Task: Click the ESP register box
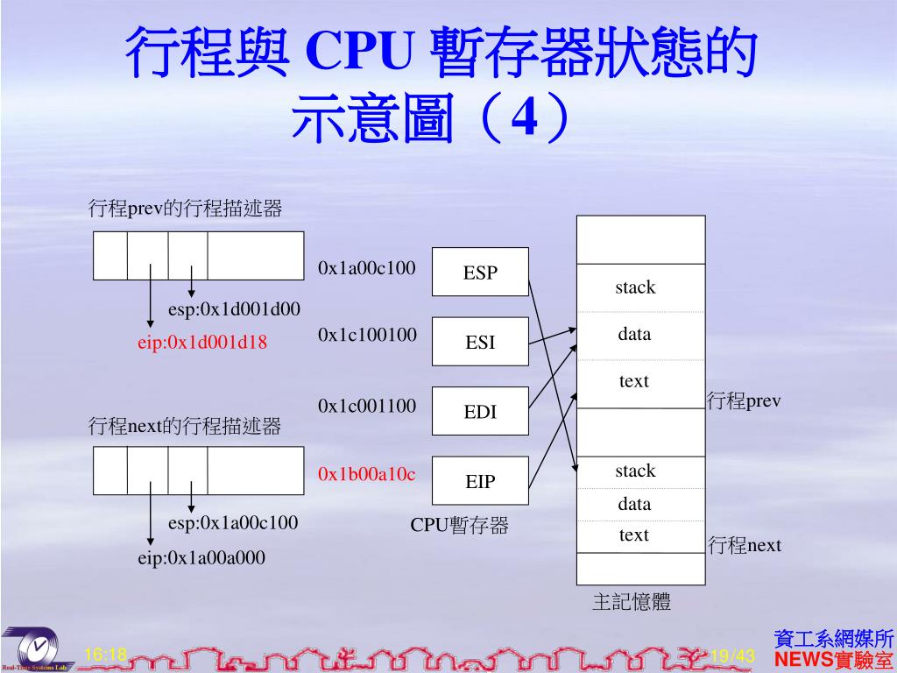click(x=480, y=273)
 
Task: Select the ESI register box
click(x=480, y=342)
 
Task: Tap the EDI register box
click(x=480, y=411)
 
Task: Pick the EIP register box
click(x=480, y=481)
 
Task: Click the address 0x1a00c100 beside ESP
click(x=367, y=267)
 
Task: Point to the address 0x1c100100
click(x=367, y=335)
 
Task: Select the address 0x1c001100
click(x=367, y=406)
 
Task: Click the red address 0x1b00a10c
click(x=367, y=474)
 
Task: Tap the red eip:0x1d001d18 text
click(x=201, y=343)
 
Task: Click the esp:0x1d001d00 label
click(x=234, y=308)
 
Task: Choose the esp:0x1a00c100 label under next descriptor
click(x=233, y=523)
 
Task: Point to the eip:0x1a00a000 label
click(x=201, y=557)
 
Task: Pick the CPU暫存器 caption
click(x=459, y=526)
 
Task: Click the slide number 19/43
click(x=732, y=655)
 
